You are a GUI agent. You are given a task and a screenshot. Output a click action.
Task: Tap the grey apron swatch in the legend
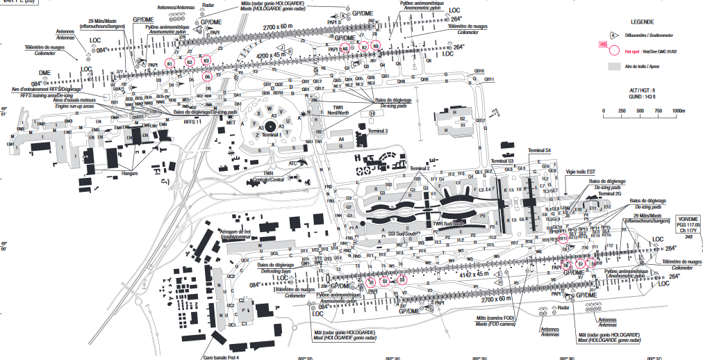613,65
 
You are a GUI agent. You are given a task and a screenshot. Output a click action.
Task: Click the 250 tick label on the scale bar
622,111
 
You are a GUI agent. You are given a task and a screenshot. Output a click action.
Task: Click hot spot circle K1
169,63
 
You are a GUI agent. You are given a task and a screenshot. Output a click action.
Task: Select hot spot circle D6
207,76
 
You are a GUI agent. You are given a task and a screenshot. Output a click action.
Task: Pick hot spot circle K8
376,46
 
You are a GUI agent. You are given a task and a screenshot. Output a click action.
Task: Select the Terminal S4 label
539,150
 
